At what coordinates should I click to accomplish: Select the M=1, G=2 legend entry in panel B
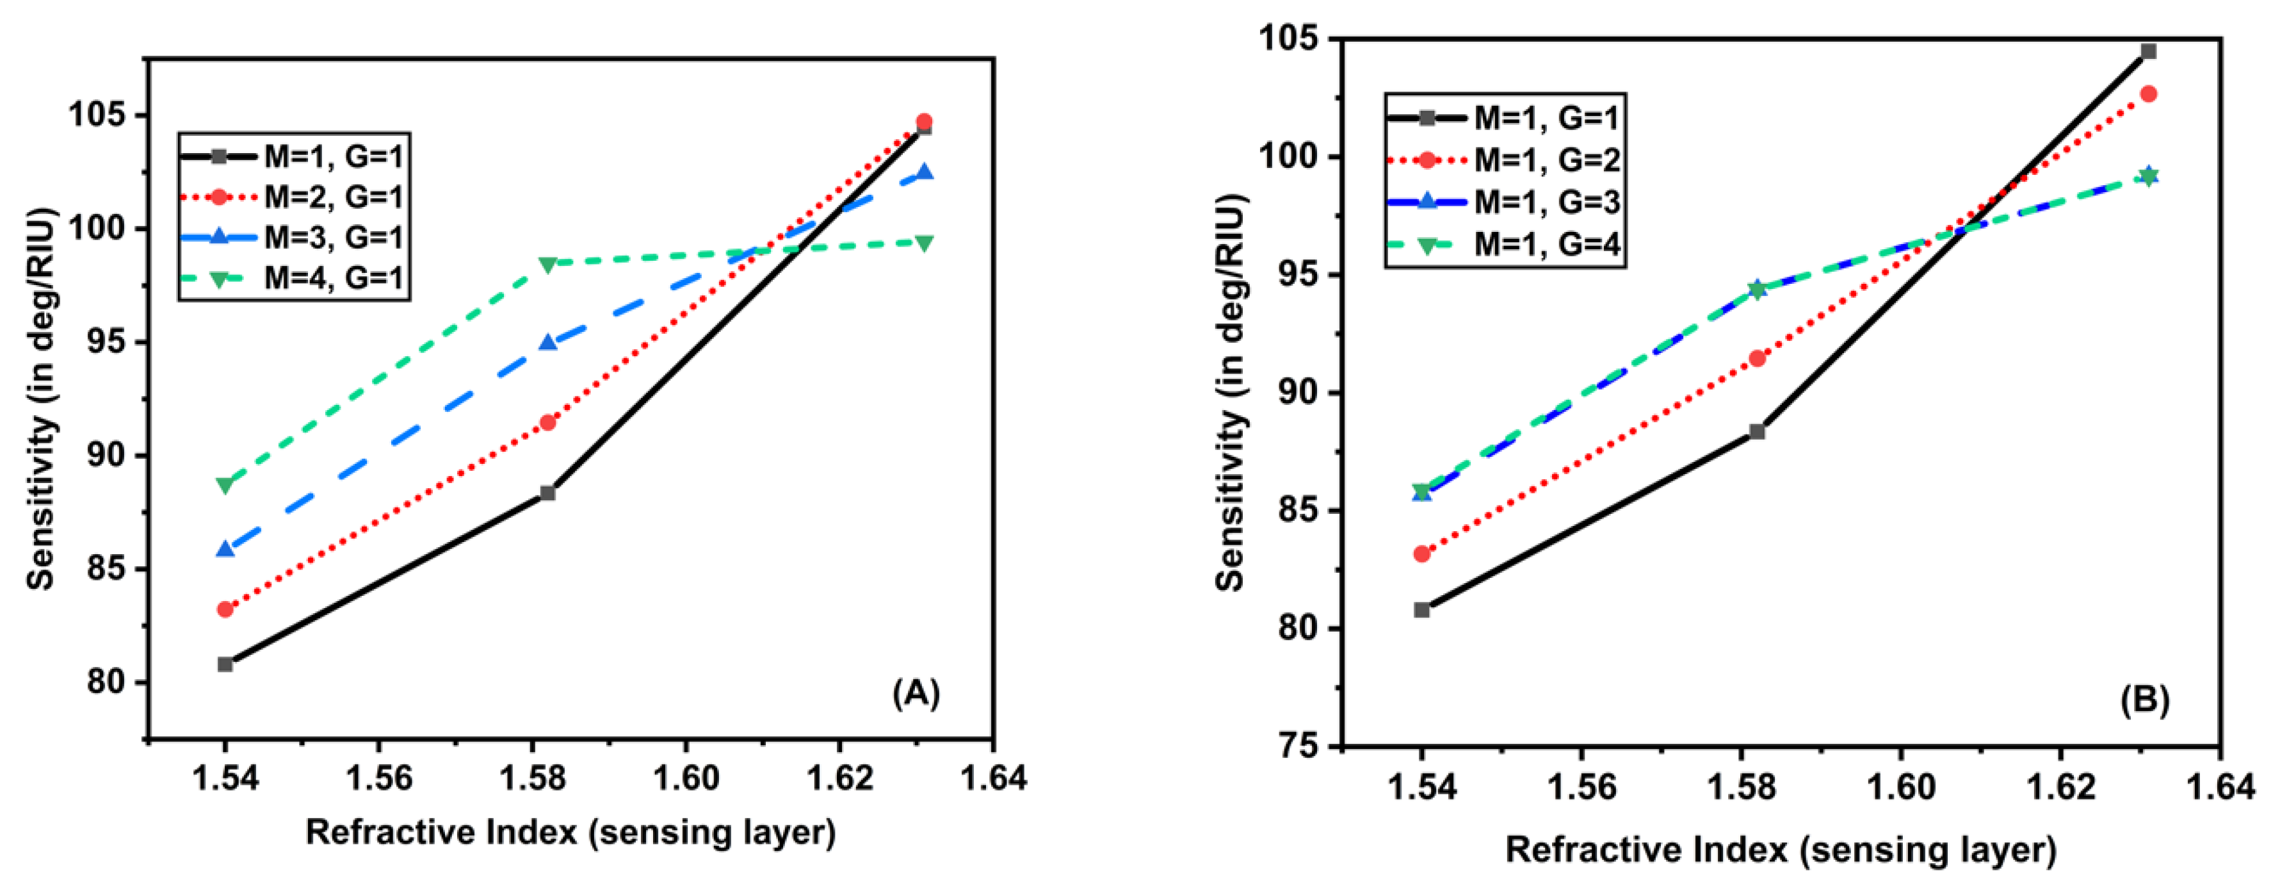(x=1547, y=160)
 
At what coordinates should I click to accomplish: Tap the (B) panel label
(x=2144, y=700)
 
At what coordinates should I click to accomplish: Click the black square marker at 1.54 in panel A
(x=226, y=664)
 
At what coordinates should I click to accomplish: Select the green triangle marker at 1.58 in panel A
(x=548, y=264)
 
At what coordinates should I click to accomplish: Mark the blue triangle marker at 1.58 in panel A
(x=548, y=341)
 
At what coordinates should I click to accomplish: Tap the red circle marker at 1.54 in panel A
(x=226, y=609)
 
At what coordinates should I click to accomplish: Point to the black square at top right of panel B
(x=2148, y=51)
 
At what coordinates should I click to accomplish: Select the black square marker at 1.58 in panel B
(x=1757, y=432)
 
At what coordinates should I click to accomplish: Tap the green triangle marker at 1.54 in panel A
(x=226, y=485)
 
